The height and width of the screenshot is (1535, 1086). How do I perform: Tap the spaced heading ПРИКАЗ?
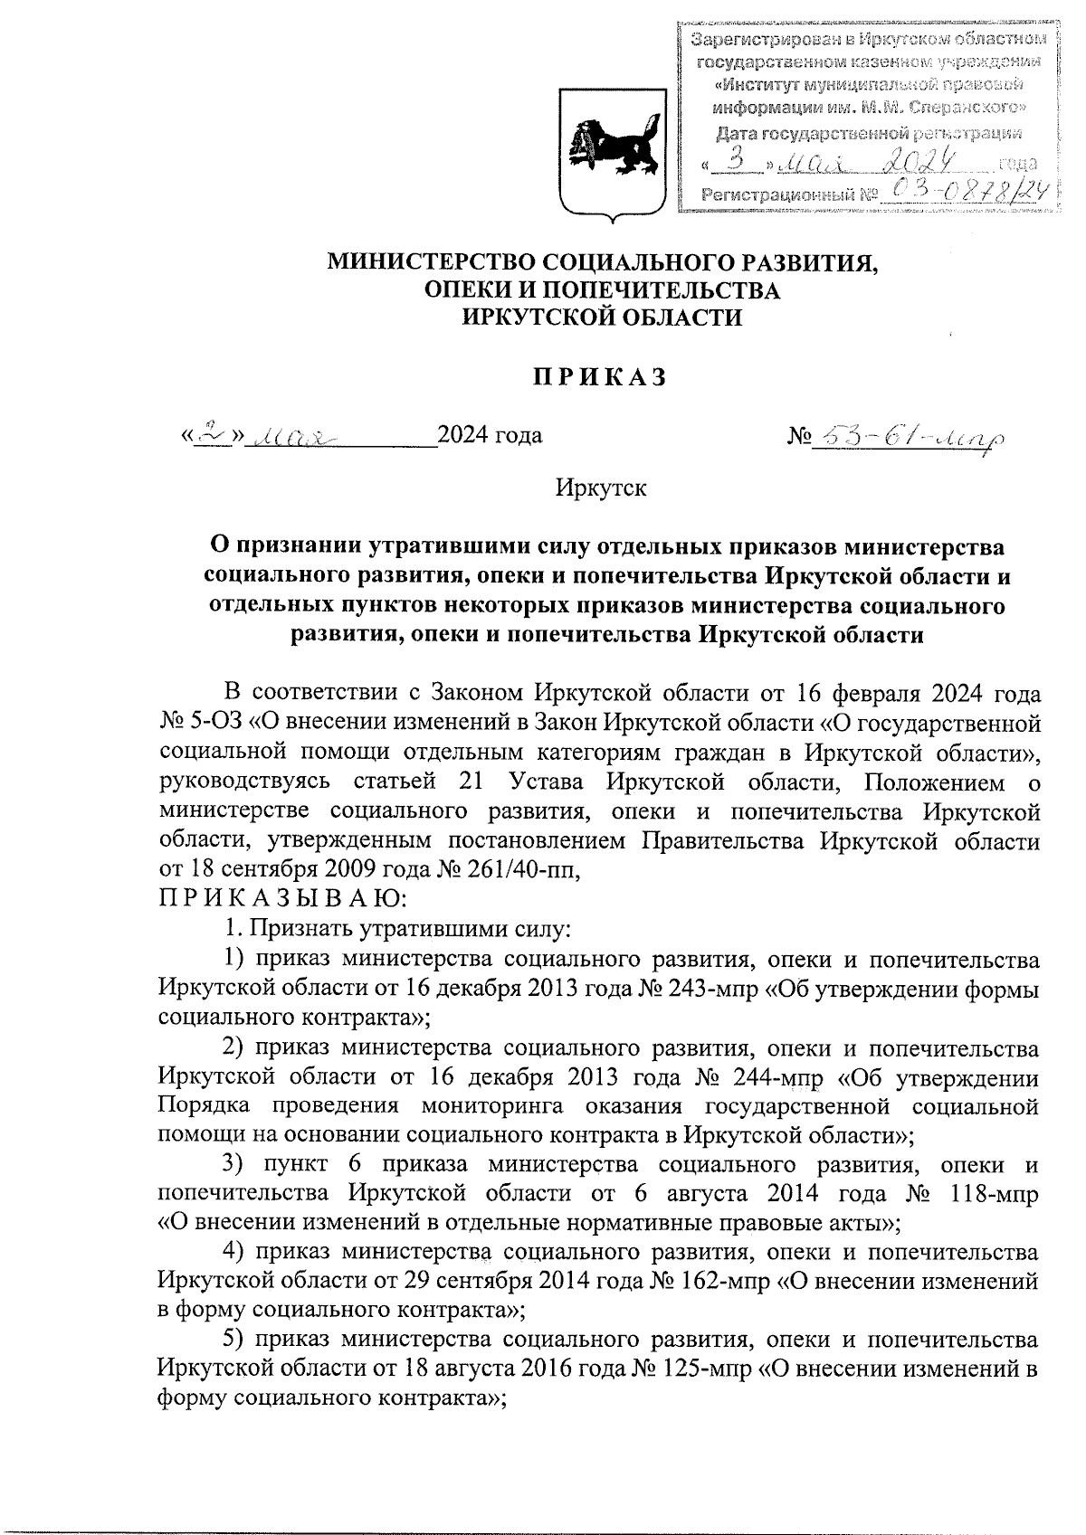[x=598, y=377]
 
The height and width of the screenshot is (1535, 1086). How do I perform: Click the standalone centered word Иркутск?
[x=602, y=488]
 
